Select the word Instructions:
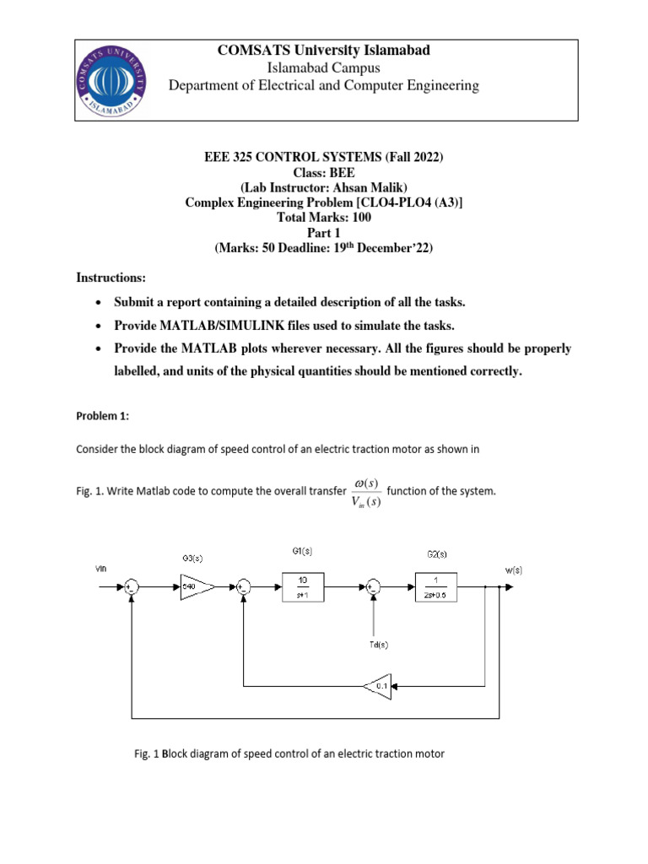pos(110,277)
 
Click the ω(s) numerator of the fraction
pos(366,482)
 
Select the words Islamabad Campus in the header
pos(323,67)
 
